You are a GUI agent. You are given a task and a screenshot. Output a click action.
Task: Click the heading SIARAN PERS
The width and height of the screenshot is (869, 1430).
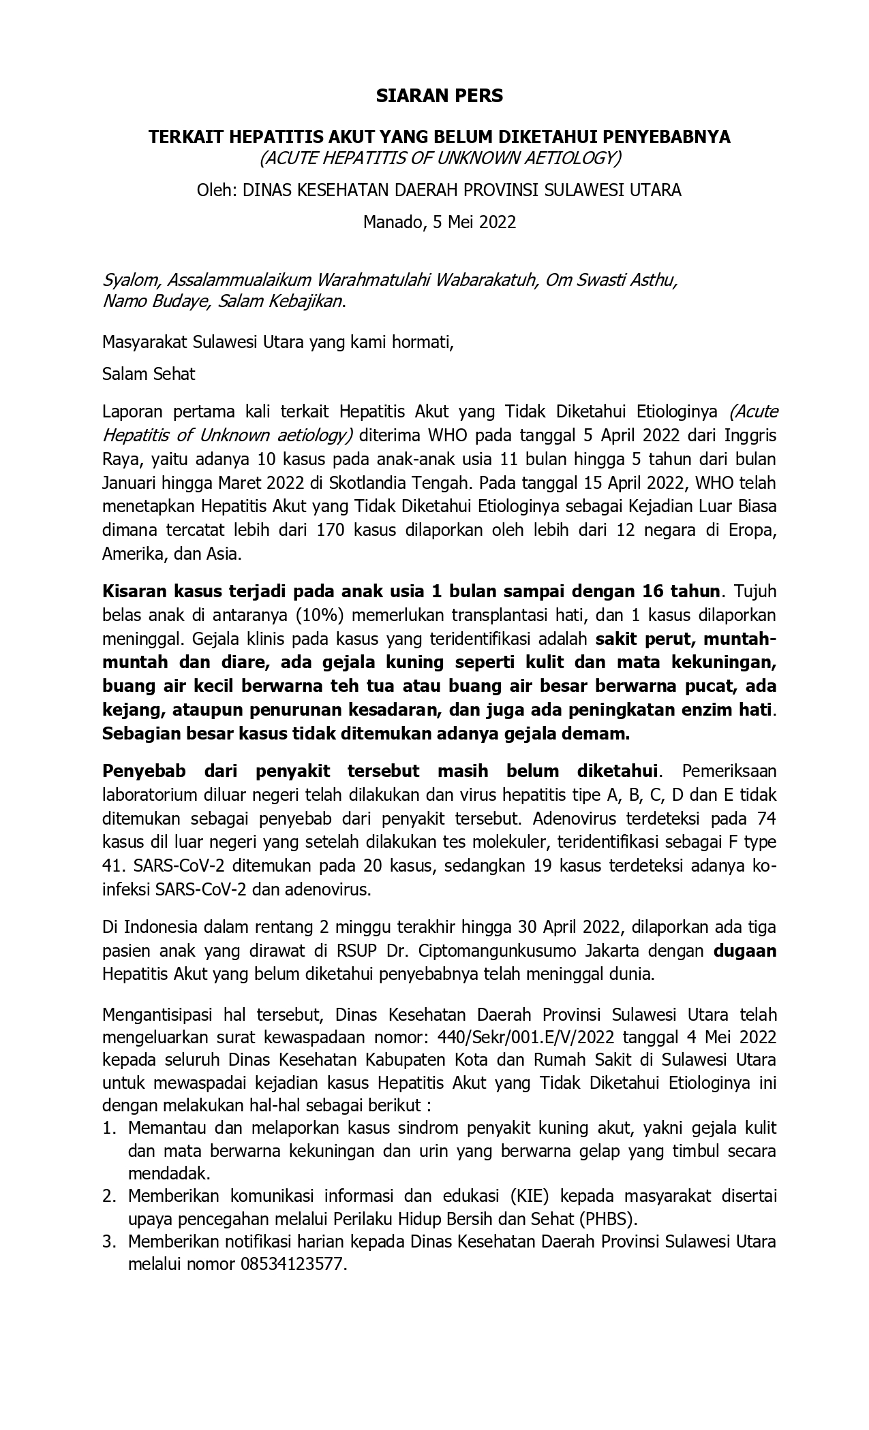(439, 96)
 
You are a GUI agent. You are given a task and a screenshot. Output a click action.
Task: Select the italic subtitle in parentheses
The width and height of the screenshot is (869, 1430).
(440, 158)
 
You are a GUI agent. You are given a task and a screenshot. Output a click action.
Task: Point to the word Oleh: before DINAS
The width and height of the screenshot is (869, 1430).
(217, 190)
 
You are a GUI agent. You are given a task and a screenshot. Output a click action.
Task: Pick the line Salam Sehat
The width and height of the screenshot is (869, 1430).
(149, 374)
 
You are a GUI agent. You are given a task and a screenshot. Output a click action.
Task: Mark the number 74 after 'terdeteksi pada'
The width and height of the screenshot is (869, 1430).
(767, 819)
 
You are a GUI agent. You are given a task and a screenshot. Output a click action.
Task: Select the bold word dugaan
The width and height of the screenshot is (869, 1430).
(744, 951)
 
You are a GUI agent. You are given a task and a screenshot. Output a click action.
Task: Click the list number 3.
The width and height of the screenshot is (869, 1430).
(110, 1242)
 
